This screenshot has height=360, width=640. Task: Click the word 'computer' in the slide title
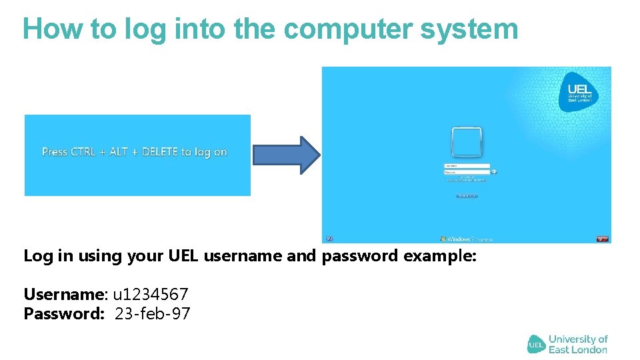tap(346, 29)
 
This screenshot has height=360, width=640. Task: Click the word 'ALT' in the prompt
tap(118, 152)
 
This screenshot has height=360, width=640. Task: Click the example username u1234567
tap(151, 294)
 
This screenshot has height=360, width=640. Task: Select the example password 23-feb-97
tap(153, 313)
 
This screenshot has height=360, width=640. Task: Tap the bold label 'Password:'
tap(64, 313)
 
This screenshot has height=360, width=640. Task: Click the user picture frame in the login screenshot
tap(467, 141)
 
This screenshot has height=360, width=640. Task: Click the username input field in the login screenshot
tap(467, 166)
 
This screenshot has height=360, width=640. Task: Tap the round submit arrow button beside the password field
tap(494, 172)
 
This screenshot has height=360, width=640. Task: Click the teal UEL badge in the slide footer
tap(537, 344)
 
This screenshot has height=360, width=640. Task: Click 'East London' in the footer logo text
tap(577, 349)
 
